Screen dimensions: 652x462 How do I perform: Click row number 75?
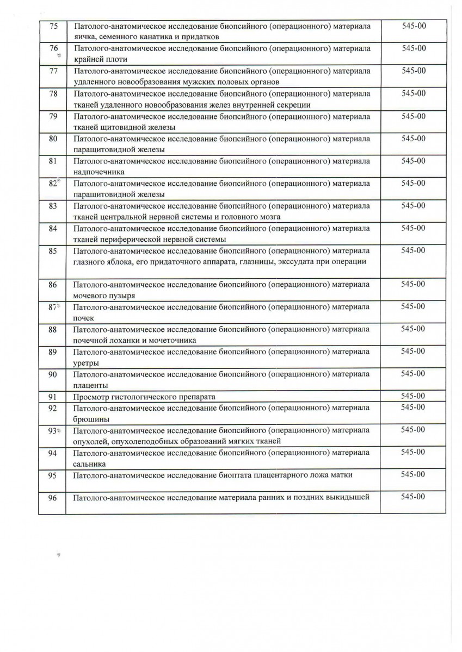tap(53, 26)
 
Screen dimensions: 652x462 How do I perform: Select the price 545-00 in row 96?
tap(413, 497)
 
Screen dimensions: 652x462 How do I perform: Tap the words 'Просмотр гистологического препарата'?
tap(144, 397)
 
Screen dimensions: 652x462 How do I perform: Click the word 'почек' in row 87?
tap(83, 318)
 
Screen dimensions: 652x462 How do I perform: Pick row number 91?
tap(53, 397)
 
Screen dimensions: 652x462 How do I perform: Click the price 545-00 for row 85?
tap(413, 250)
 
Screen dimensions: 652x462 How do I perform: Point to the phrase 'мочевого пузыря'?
tap(104, 296)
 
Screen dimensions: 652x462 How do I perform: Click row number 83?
tap(53, 206)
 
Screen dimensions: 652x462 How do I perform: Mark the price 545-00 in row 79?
tap(413, 116)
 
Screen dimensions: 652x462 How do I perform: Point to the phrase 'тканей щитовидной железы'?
tap(124, 127)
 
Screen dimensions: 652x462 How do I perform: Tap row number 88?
tap(53, 329)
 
